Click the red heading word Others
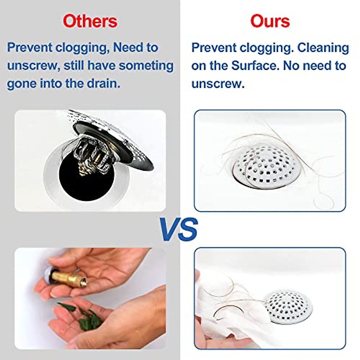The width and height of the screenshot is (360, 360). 90,22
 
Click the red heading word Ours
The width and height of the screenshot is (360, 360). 270,22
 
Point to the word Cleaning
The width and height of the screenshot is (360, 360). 323,48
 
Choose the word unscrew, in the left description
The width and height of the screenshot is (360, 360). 33,66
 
